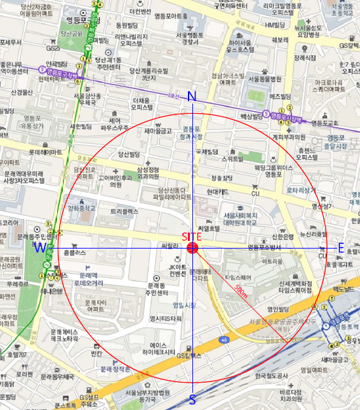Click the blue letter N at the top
point(192,97)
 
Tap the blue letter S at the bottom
point(192,399)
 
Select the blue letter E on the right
point(341,248)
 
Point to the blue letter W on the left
point(40,247)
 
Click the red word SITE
point(192,236)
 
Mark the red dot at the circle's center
point(193,248)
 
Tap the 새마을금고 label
point(158,131)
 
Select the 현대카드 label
point(217,191)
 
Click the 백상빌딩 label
point(251,116)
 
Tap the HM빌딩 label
point(277,25)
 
